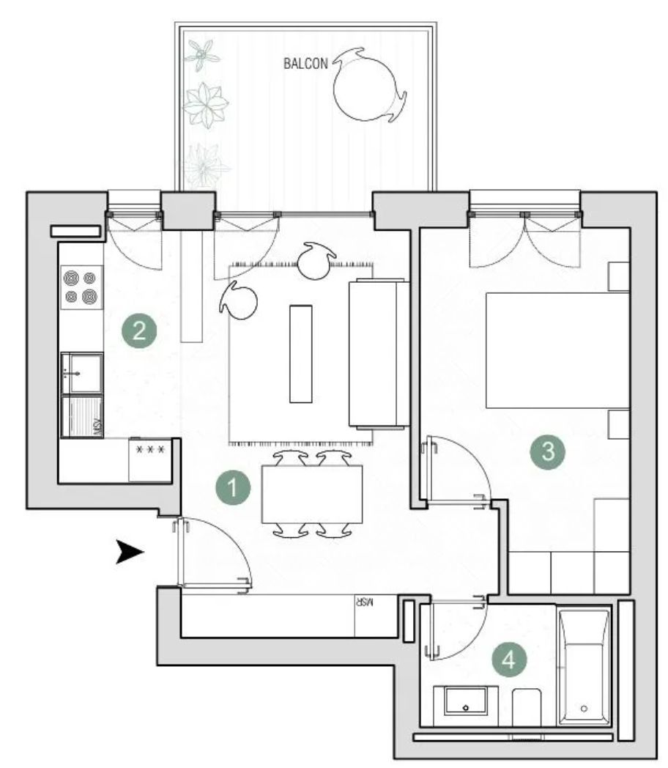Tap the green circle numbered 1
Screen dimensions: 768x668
coord(234,487)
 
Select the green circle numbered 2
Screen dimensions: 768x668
coord(138,329)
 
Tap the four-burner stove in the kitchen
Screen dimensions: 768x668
coord(81,287)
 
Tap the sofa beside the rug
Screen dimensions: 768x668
coord(378,353)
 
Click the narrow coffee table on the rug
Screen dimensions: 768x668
coord(300,353)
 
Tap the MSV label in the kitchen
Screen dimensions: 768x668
coord(95,426)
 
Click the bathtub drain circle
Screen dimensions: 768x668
coord(584,709)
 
